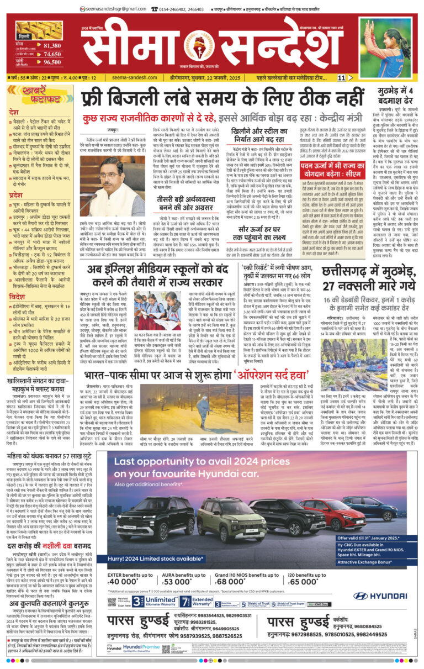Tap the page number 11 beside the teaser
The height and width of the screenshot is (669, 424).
pyautogui.click(x=342, y=78)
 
